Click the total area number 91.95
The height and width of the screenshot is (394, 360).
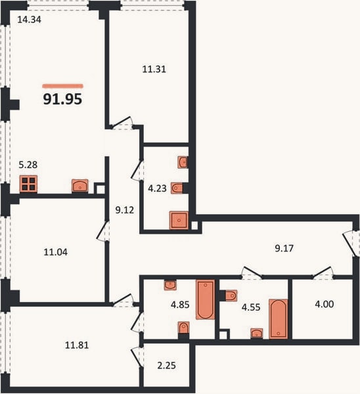[x=62, y=98]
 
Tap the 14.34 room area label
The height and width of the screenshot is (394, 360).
[x=29, y=20]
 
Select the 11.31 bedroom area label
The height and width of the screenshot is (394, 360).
[x=154, y=69]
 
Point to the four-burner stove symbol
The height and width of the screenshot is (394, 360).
[x=28, y=184]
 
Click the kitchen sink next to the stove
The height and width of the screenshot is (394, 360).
[x=80, y=186]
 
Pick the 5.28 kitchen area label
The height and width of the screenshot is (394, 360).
[x=28, y=165]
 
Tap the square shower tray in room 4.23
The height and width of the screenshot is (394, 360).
[x=179, y=221]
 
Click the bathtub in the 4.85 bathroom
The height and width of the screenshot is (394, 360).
[x=206, y=299]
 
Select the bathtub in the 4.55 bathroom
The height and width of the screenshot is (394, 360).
[x=279, y=318]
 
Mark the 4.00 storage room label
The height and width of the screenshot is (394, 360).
[x=325, y=304]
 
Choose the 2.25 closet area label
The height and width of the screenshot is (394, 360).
[x=167, y=365]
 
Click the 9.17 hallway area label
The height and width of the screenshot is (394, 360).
[x=284, y=248]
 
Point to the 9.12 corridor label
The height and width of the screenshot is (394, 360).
[x=125, y=210]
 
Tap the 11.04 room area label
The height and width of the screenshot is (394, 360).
[x=56, y=252]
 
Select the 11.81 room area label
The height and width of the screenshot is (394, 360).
[x=77, y=345]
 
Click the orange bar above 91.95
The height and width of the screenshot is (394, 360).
[x=62, y=86]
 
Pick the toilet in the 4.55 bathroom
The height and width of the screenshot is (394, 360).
[x=231, y=295]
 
